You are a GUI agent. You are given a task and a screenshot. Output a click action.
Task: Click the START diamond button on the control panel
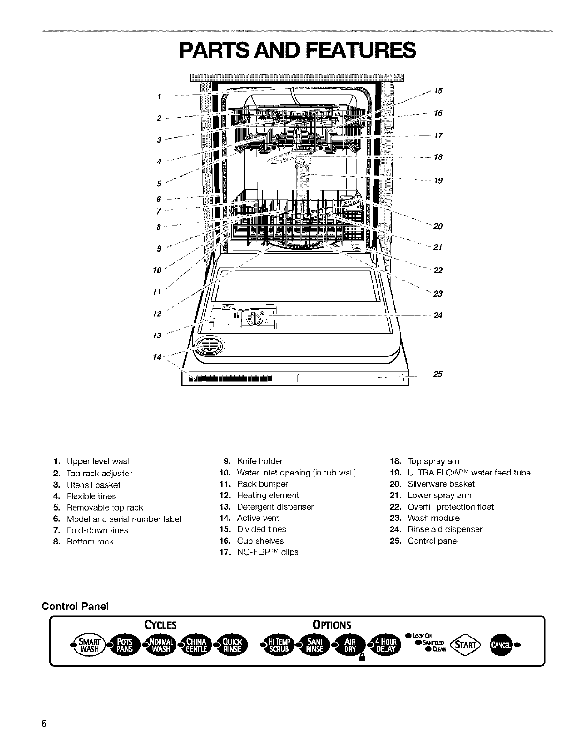(x=465, y=645)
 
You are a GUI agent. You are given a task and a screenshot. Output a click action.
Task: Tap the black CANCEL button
(x=501, y=645)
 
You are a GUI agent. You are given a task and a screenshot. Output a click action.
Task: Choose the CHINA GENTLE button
(x=196, y=645)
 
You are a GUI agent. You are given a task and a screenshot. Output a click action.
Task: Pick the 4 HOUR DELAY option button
(x=385, y=645)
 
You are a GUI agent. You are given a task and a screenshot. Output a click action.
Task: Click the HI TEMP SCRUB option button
(x=279, y=645)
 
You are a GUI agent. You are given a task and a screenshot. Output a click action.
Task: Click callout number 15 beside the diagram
(x=438, y=90)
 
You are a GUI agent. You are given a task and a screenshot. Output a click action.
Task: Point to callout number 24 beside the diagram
(x=438, y=315)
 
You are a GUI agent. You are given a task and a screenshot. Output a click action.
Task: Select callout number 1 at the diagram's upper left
(x=159, y=96)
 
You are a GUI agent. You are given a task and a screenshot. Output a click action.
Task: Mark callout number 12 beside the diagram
(x=157, y=313)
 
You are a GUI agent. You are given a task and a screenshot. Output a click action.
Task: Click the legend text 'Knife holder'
(x=260, y=461)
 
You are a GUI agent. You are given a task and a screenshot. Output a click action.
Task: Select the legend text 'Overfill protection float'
(x=451, y=507)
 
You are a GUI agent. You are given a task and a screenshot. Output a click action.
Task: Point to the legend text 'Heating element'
(x=268, y=495)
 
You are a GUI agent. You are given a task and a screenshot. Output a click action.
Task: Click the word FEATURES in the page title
(x=361, y=50)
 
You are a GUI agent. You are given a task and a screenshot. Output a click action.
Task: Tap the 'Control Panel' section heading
(x=75, y=606)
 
